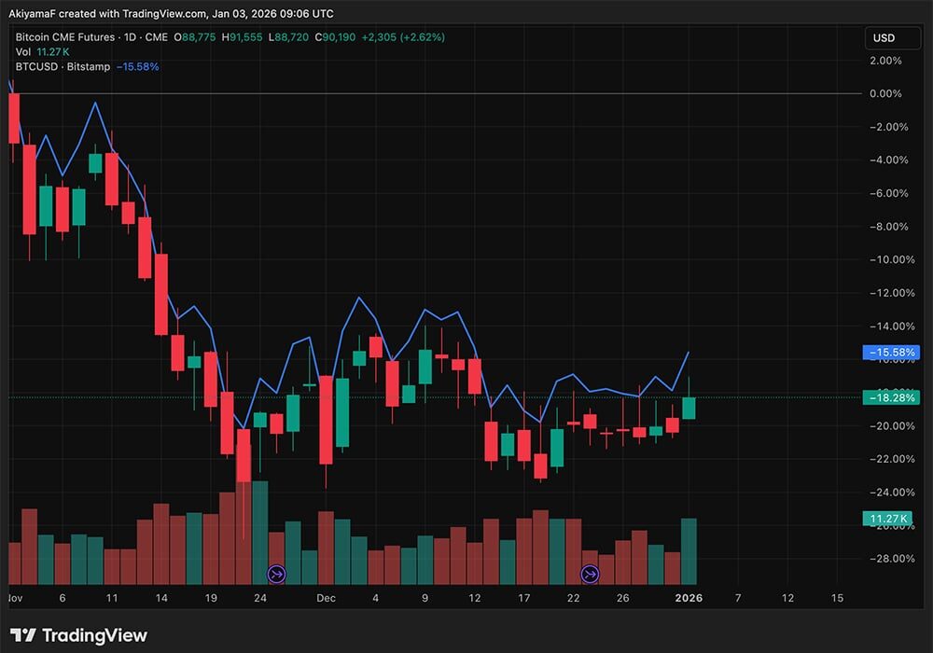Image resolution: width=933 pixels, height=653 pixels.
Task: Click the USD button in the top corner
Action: (x=883, y=38)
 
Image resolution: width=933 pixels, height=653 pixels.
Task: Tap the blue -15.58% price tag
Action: (x=893, y=353)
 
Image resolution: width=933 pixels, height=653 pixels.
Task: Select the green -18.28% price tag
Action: (x=893, y=398)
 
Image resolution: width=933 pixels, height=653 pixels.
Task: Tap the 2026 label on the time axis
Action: (x=689, y=597)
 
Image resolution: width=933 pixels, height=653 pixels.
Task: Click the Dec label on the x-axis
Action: (x=326, y=597)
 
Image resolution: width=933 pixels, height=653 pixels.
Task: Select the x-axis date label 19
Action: (x=211, y=597)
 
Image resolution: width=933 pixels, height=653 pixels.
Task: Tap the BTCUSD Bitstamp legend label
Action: (x=63, y=66)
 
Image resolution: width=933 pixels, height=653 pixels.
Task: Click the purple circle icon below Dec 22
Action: (x=590, y=573)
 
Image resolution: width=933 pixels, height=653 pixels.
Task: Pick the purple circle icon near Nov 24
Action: (x=276, y=573)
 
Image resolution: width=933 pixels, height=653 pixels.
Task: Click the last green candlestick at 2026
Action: (x=689, y=407)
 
